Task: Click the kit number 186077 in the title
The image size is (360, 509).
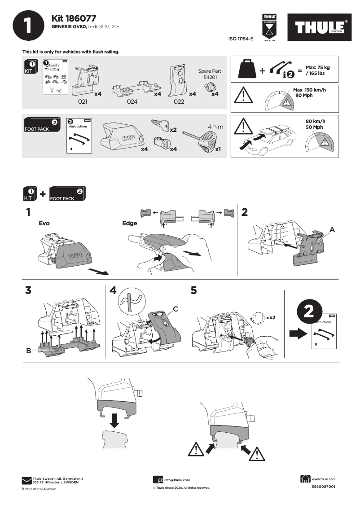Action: click(80, 18)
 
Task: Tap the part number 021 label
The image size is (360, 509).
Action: click(82, 102)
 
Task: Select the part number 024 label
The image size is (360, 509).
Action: click(132, 102)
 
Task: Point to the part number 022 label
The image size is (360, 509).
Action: click(179, 102)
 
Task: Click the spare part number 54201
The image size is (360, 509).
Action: click(210, 78)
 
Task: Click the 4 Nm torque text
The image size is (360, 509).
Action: click(215, 127)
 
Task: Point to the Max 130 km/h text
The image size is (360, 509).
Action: click(309, 90)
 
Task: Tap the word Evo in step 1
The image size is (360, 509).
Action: click(44, 223)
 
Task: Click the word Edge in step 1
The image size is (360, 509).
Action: click(129, 223)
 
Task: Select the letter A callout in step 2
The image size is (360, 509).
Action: click(332, 229)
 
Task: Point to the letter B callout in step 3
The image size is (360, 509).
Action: click(28, 351)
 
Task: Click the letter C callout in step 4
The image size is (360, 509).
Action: click(176, 308)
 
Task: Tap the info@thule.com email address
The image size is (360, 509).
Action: click(177, 480)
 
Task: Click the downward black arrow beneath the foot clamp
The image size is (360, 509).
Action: click(114, 421)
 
